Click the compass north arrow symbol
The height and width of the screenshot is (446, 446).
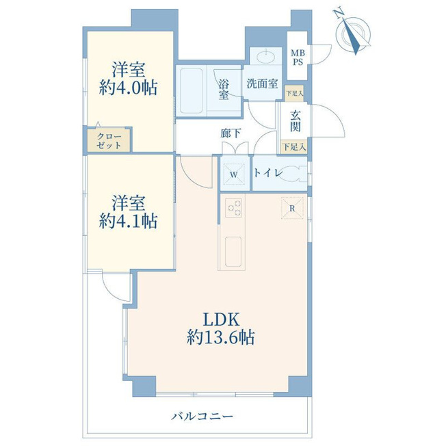pos(354,34)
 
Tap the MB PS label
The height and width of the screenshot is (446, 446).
pos(298,57)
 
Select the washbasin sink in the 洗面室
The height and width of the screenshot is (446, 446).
pos(266,56)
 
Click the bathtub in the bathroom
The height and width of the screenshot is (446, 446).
pos(192,90)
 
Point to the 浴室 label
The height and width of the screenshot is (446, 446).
pos(224,89)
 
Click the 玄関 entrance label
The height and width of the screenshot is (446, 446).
pos(296,121)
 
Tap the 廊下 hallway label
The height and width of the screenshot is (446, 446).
pos(231,133)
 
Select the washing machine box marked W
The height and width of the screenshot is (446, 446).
pos(234,174)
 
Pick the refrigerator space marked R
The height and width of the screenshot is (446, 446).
pos(292,208)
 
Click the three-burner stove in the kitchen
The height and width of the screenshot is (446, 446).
pos(233,208)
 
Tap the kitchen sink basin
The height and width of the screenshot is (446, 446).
pos(233,252)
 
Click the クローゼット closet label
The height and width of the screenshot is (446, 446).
pos(109,141)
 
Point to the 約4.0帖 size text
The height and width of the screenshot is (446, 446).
pos(129,88)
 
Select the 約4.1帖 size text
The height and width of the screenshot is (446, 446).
pos(129,221)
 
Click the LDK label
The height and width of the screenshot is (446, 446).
pos(221,319)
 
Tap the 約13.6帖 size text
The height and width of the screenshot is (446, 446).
pos(221,338)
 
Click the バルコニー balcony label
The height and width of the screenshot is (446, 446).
pos(202,417)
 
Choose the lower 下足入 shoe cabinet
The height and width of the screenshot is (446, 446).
pos(294,147)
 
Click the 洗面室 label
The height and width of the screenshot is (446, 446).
pos(262,83)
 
